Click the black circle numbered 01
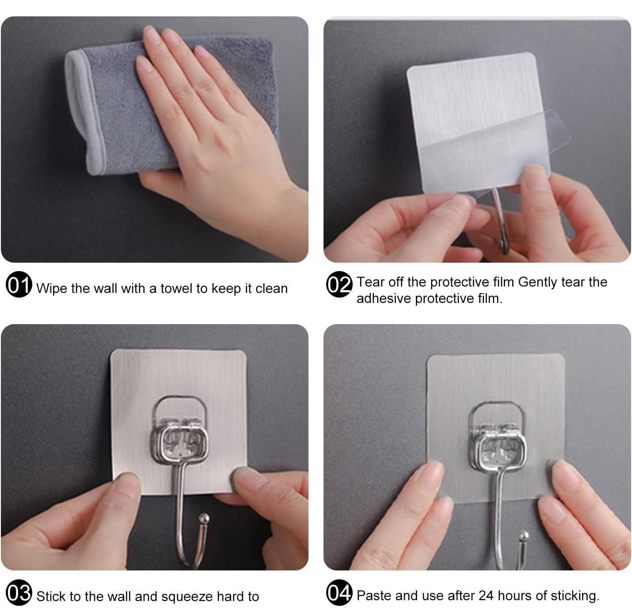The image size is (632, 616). coord(19,284)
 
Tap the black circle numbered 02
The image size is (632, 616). coord(339,284)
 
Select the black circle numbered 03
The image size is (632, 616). coord(19,592)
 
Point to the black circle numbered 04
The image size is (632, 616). coord(339,592)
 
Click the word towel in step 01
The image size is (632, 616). coord(177,288)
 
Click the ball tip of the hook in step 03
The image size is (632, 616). coord(204,517)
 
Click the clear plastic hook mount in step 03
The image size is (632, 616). coord(179,429)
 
